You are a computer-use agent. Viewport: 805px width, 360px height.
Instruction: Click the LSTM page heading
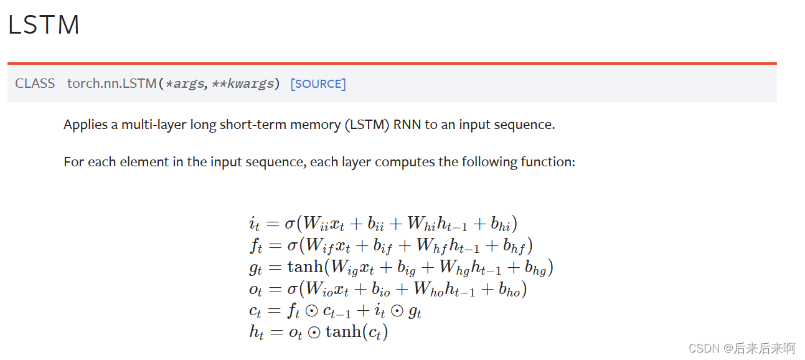tap(44, 25)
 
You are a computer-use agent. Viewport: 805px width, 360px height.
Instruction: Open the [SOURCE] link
tap(318, 83)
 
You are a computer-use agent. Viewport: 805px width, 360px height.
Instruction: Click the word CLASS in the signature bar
tap(35, 83)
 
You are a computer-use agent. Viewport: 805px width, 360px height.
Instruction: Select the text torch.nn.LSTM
tap(112, 83)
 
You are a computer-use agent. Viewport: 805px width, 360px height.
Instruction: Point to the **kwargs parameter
tap(245, 83)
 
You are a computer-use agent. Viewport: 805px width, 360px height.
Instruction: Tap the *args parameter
tap(184, 83)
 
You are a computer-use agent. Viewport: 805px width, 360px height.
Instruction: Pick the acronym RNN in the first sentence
tap(407, 125)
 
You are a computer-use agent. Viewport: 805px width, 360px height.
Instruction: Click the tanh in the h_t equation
tap(343, 331)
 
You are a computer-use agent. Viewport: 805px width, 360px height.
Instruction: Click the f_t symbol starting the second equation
tap(256, 246)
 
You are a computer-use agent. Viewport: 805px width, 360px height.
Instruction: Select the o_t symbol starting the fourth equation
tap(255, 290)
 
